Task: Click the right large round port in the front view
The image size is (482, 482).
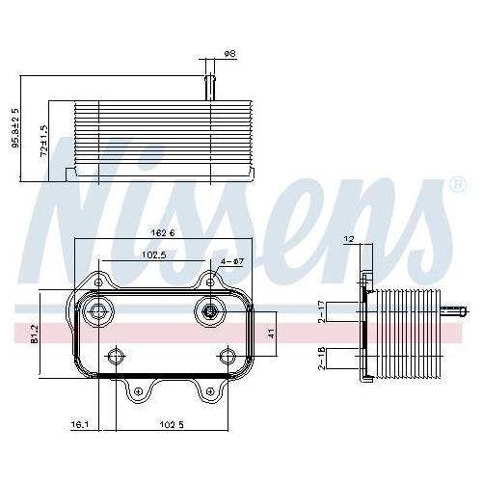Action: (207, 310)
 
